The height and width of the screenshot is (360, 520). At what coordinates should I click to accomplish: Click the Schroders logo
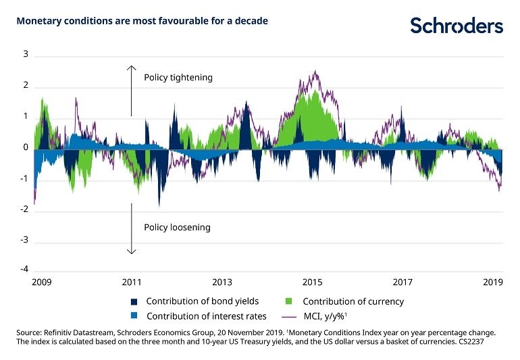(457, 26)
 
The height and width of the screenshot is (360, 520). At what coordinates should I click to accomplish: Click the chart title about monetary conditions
(142, 21)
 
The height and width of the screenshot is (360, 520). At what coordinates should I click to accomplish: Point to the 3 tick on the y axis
(26, 54)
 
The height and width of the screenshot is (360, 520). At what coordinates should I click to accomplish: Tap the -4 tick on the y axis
(24, 271)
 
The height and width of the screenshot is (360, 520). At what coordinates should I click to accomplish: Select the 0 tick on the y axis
(26, 147)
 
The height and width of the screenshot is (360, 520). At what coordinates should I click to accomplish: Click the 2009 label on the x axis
(41, 282)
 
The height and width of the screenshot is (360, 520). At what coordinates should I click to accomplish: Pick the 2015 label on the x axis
(313, 282)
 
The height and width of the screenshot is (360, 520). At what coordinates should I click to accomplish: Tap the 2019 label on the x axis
(493, 282)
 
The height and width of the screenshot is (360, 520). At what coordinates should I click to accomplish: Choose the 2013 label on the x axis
(222, 282)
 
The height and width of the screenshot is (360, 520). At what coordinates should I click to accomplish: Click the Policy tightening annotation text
(178, 78)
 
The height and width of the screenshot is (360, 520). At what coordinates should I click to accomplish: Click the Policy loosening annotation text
(177, 228)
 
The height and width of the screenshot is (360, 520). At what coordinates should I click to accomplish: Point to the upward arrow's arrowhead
(132, 68)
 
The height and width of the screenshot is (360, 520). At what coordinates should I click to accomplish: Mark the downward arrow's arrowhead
(132, 252)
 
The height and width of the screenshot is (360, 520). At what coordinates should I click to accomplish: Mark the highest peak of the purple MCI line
(315, 71)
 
